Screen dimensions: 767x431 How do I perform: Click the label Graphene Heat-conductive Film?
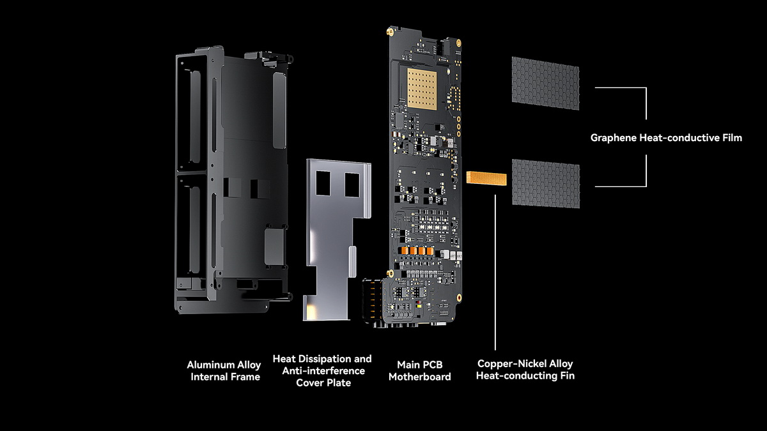(x=666, y=138)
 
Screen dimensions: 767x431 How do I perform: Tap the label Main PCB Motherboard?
(x=420, y=370)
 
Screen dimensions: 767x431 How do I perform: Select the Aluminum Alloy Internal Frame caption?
(x=224, y=370)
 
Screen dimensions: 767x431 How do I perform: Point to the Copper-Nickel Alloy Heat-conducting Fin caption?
(x=525, y=370)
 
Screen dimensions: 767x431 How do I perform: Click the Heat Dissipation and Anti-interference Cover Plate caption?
(x=322, y=370)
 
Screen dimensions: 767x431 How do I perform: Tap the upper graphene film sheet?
(x=545, y=84)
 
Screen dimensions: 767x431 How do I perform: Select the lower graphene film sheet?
(x=546, y=184)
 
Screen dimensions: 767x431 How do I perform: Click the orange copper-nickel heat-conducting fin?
(x=486, y=179)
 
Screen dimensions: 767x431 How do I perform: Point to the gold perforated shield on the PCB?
(x=422, y=89)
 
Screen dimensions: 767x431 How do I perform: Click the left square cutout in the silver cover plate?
(x=323, y=183)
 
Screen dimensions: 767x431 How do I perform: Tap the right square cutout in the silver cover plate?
(x=352, y=185)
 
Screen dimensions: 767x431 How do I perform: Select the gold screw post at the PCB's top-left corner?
(x=391, y=32)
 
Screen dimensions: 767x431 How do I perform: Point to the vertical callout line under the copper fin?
(x=495, y=273)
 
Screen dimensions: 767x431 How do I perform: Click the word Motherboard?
(x=420, y=377)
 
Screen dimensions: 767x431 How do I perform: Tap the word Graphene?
(x=614, y=138)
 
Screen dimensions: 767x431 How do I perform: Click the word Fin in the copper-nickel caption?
(x=568, y=375)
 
